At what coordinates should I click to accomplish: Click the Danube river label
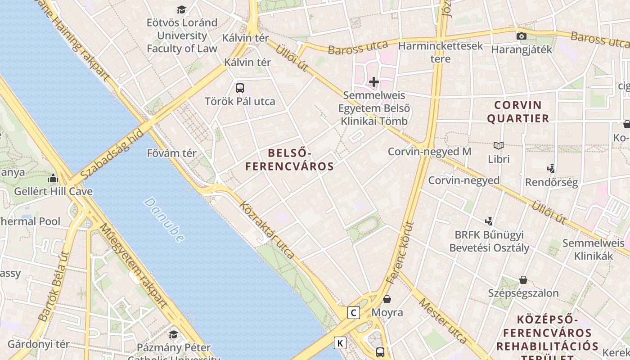pyautogui.click(x=164, y=220)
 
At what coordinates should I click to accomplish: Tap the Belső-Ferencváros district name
pyautogui.click(x=290, y=159)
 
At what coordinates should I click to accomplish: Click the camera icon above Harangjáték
pyautogui.click(x=522, y=36)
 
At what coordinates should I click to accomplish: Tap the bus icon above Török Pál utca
pyautogui.click(x=240, y=88)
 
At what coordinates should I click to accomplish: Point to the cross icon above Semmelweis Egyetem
pyautogui.click(x=374, y=82)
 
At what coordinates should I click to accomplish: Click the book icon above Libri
pyautogui.click(x=499, y=145)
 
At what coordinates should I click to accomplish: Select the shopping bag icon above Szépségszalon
pyautogui.click(x=523, y=280)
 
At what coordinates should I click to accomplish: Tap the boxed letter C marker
pyautogui.click(x=354, y=312)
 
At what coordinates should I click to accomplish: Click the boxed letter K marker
pyautogui.click(x=340, y=343)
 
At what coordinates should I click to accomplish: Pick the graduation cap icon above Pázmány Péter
pyautogui.click(x=173, y=334)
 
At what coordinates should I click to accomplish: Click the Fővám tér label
pyautogui.click(x=172, y=153)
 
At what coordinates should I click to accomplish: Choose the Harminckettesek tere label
pyautogui.click(x=440, y=52)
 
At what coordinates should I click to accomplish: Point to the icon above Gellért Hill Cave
pyautogui.click(x=53, y=179)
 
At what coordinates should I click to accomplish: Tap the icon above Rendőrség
pyautogui.click(x=551, y=169)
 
